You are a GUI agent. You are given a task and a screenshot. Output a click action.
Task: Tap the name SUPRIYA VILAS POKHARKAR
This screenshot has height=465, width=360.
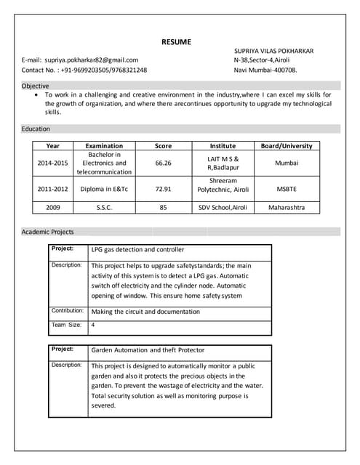coord(273,51)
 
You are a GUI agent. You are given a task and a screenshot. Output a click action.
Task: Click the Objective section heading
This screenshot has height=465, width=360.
coord(36,86)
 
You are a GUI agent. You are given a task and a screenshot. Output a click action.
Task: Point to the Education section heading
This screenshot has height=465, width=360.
coord(36,129)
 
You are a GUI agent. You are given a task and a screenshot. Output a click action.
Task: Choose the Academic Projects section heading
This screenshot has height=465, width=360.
coord(48,232)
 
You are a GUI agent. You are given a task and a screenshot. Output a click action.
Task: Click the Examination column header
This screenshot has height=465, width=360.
coord(104,145)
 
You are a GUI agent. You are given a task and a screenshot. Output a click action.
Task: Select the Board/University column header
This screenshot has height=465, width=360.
coord(287,145)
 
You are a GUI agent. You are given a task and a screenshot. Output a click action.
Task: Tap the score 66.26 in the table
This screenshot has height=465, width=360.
coord(163,163)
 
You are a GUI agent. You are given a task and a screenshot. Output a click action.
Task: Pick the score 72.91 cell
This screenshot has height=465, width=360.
coord(163,189)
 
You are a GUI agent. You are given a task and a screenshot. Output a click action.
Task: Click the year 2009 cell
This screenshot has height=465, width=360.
coord(52,207)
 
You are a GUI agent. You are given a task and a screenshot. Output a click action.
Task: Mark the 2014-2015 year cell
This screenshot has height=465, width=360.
coord(52,163)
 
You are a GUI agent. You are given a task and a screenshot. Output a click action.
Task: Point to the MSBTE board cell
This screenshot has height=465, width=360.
coord(287,189)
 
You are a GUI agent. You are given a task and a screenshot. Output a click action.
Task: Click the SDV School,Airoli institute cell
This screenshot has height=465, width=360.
coord(223,207)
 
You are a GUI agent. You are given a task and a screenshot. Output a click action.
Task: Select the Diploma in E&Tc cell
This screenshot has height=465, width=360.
coord(104,189)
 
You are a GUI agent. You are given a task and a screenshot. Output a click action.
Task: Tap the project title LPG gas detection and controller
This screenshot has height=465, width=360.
coord(137,249)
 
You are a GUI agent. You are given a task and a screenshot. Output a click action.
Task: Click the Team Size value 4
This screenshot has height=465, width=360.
coord(93,325)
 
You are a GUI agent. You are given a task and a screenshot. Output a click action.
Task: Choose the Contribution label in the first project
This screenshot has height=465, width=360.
coord(67,310)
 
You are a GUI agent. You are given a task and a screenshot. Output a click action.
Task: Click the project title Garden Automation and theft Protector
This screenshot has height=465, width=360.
coord(148,349)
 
